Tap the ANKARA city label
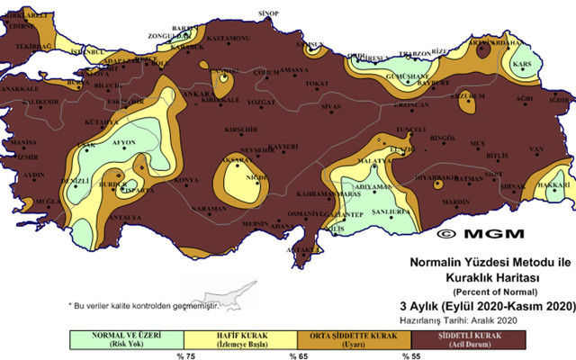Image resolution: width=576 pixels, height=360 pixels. (x=200, y=93)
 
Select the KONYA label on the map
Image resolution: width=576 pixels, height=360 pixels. (x=187, y=180)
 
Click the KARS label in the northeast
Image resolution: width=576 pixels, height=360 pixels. (x=520, y=65)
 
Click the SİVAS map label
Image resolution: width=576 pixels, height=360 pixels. (x=333, y=107)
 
